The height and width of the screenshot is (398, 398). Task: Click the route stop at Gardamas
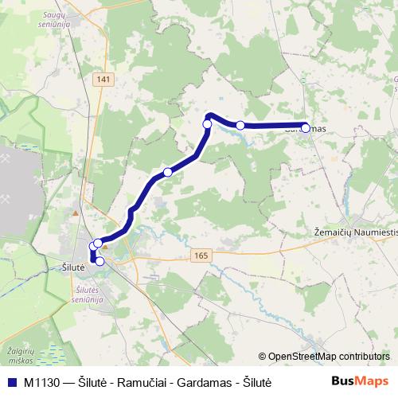(306, 126)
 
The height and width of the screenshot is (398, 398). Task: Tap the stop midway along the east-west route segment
(240, 125)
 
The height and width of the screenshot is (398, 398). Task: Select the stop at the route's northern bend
(208, 123)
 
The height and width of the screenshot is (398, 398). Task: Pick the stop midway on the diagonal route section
(168, 172)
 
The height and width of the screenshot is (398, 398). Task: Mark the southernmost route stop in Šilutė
(99, 261)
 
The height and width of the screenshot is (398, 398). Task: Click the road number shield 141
(102, 80)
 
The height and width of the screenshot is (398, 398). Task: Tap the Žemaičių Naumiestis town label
(351, 230)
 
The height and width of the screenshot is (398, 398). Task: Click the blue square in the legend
(11, 382)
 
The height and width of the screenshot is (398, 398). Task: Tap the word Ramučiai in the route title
(137, 382)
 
